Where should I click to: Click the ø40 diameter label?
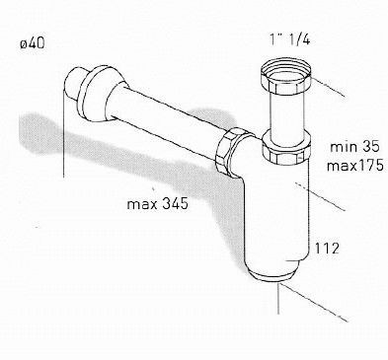[33, 43]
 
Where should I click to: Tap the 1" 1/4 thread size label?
[289, 39]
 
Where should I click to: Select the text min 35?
[354, 147]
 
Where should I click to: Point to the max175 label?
[354, 165]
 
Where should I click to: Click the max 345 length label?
[158, 204]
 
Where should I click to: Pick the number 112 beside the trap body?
[327, 249]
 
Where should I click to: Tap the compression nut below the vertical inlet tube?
[285, 147]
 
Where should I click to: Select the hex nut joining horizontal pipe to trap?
[230, 152]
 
